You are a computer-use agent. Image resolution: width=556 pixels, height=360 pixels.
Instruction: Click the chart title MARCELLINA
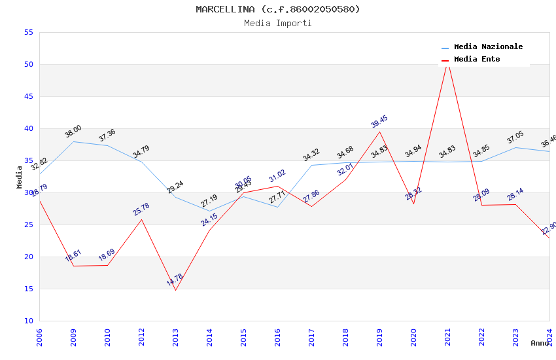coord(278,9)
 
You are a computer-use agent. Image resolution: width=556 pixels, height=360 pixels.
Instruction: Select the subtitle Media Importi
coord(278,23)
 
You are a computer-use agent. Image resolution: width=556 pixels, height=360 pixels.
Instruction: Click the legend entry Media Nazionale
coord(488,46)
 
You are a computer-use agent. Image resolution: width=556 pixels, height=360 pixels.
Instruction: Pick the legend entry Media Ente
coord(477,59)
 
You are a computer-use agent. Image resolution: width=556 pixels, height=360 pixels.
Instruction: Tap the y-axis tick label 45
coord(27,96)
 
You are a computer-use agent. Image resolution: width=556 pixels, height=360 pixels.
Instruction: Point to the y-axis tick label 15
coord(27,289)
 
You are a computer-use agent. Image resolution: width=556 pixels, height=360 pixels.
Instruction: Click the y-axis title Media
coord(20,177)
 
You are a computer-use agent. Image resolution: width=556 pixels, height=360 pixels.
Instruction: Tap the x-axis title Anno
coord(540,343)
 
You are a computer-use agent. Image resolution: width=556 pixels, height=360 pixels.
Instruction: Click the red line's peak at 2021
coord(447,62)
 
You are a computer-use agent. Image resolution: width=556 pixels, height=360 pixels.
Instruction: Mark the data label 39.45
coord(379,121)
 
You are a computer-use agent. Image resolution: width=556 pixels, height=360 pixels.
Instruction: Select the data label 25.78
coord(141,209)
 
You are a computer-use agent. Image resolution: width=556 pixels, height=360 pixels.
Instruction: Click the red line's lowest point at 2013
coord(175,290)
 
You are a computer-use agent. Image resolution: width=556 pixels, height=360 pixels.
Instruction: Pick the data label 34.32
coord(311,154)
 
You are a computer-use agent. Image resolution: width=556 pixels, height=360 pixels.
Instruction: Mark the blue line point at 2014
coord(209,211)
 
